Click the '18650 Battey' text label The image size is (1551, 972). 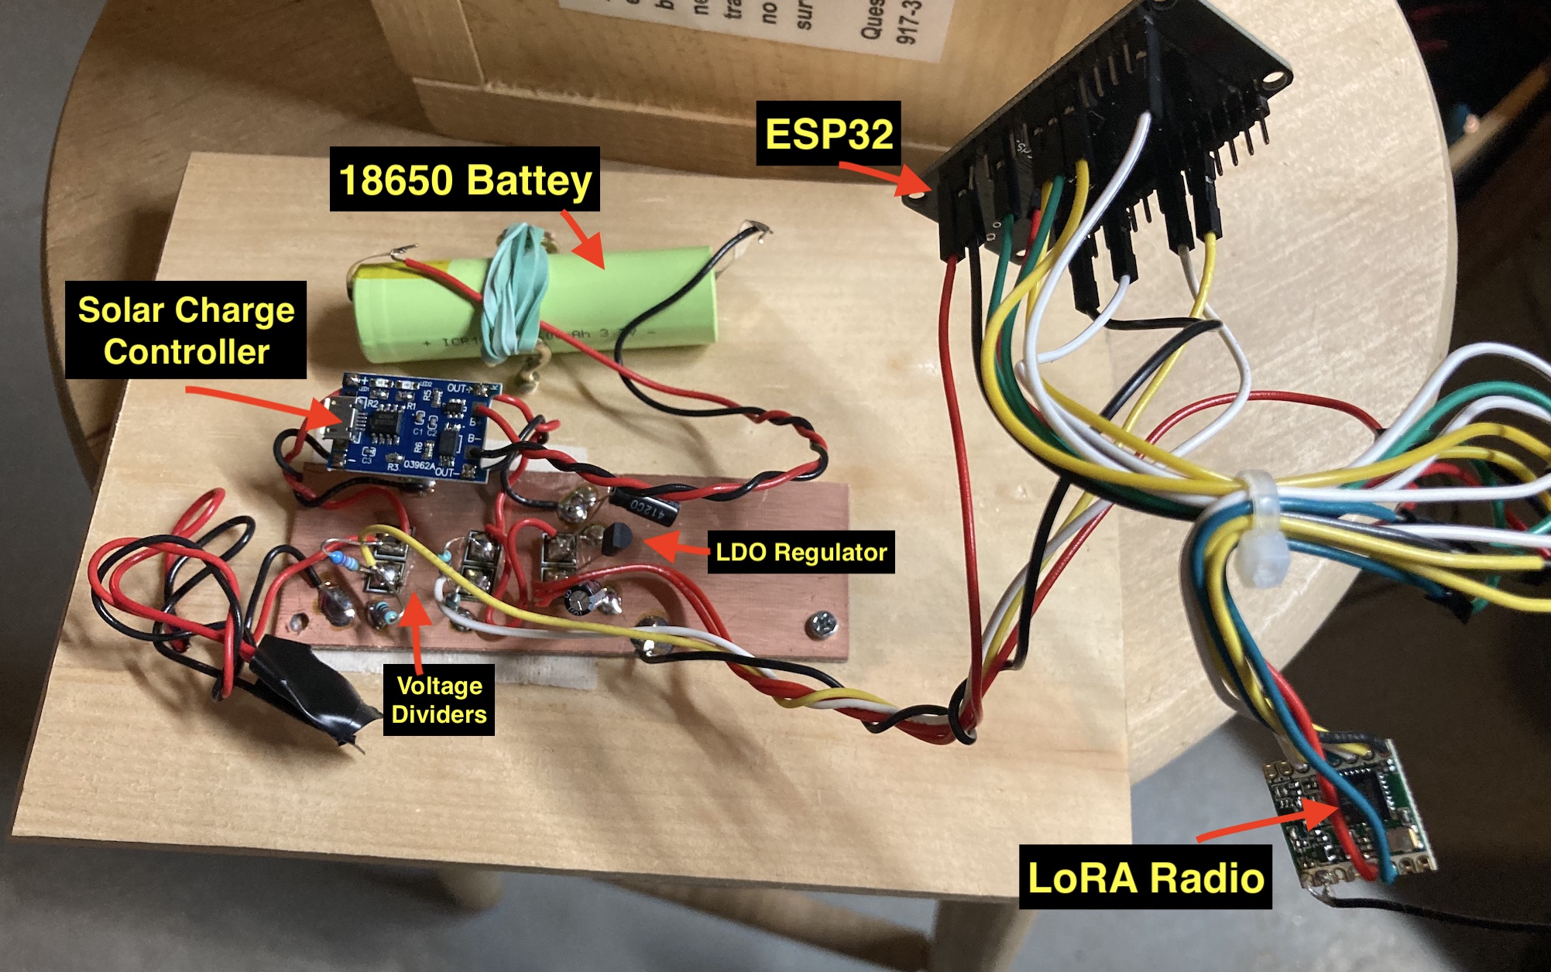coord(465,180)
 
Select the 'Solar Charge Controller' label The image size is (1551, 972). coord(186,330)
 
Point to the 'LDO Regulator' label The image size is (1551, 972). coord(801,552)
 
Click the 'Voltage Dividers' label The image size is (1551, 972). coord(439,700)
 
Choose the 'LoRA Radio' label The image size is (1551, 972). coord(1145,877)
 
